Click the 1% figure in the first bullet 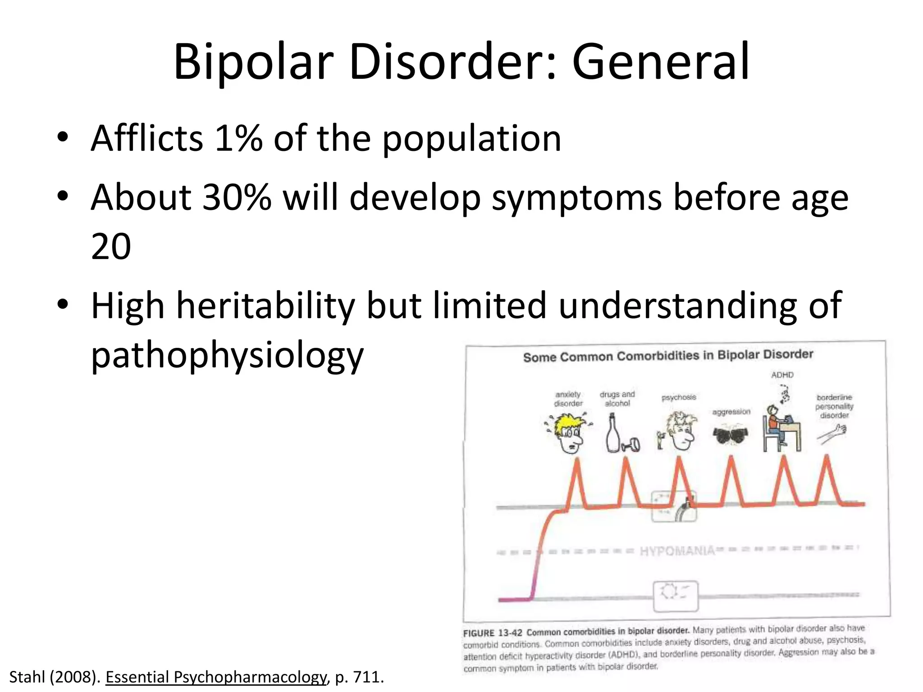pyautogui.click(x=238, y=138)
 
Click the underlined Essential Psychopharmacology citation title pyautogui.click(x=215, y=677)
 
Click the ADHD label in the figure pyautogui.click(x=782, y=375)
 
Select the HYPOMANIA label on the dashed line pyautogui.click(x=677, y=551)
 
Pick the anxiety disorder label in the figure pyautogui.click(x=568, y=399)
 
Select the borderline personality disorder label pyautogui.click(x=834, y=406)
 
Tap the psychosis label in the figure pyautogui.click(x=679, y=397)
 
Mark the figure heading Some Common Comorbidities pyautogui.click(x=668, y=356)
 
